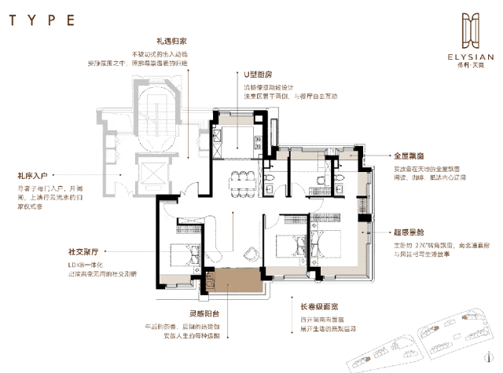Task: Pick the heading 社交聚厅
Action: [83, 254]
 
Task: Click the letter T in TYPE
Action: [15, 16]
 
